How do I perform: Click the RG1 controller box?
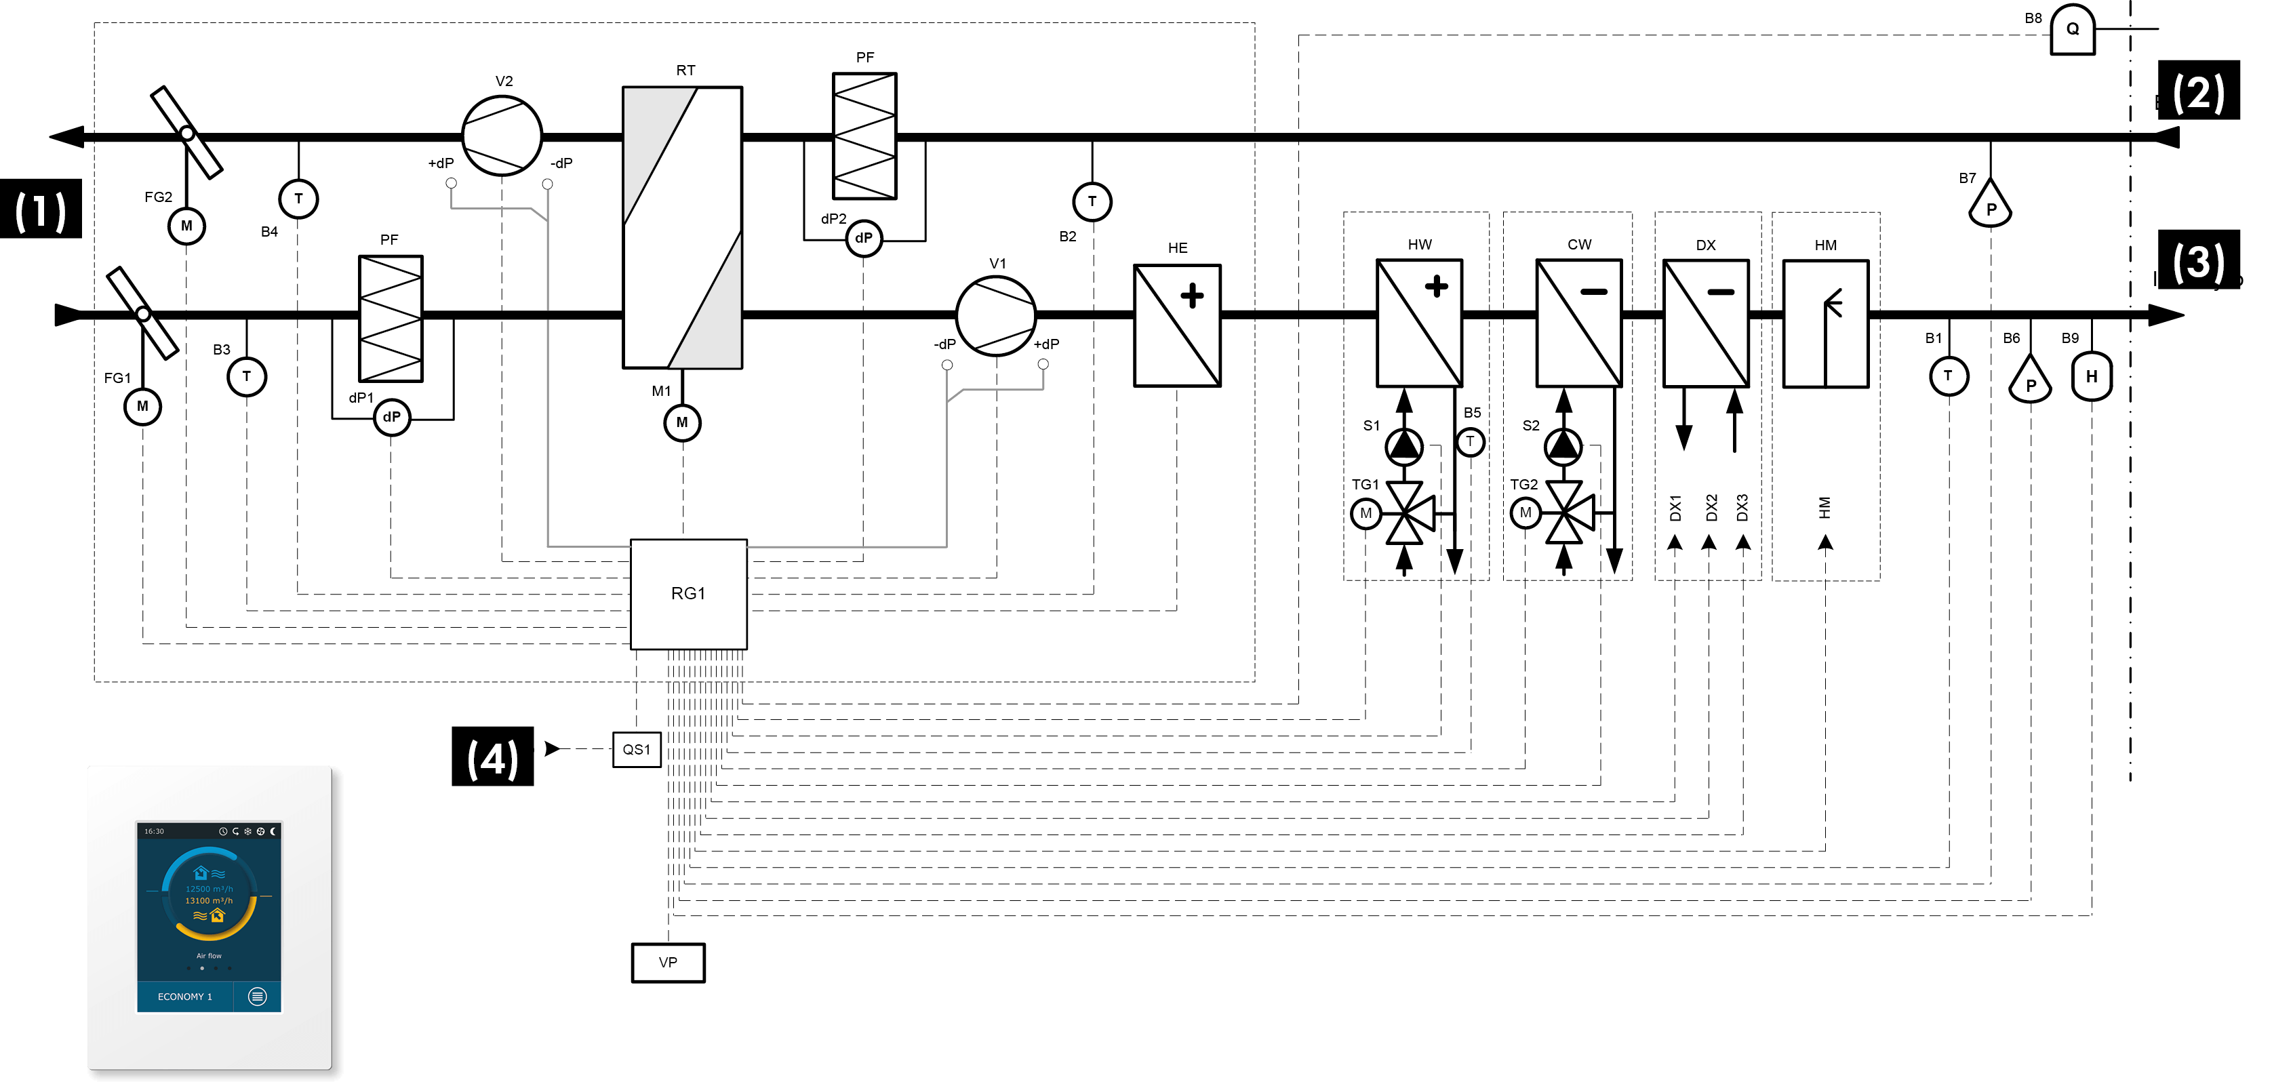[x=688, y=594]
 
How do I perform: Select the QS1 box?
[x=637, y=750]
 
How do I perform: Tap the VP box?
[x=668, y=962]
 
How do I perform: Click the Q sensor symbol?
[x=2072, y=29]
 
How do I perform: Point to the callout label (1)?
[x=41, y=212]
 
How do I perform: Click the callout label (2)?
[x=2198, y=94]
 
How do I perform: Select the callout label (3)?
[x=2198, y=262]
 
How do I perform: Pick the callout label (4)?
[x=492, y=759]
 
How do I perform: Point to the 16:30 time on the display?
[x=154, y=831]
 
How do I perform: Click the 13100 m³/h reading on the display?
[x=210, y=901]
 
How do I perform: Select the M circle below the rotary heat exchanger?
[x=682, y=423]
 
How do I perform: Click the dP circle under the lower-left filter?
[x=392, y=417]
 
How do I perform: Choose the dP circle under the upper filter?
[x=864, y=238]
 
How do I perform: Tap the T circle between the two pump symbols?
[x=1470, y=441]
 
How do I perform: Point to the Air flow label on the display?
[x=210, y=956]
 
